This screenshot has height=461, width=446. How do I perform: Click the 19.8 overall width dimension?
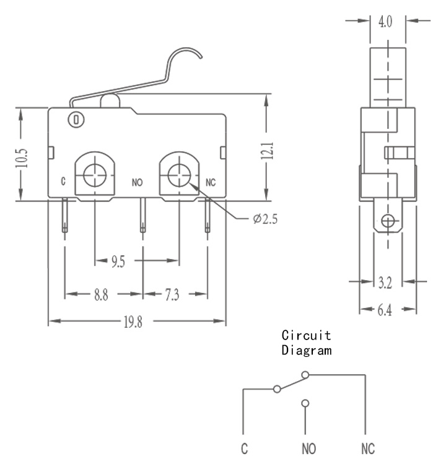133,322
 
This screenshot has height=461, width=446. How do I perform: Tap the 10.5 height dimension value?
22,158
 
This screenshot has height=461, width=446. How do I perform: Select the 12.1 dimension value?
267,151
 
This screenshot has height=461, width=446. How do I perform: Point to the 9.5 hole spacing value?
118,261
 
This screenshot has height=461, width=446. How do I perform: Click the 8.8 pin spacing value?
101,294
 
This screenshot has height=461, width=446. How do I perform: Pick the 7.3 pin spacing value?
172,294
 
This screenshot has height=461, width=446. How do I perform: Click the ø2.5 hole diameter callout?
265,219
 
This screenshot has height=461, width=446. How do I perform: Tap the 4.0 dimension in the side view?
385,22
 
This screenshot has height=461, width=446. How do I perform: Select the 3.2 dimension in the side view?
385,283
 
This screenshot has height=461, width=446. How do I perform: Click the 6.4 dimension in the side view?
385,310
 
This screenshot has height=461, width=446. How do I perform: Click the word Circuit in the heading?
306,335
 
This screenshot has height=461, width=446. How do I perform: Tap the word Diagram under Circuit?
307,351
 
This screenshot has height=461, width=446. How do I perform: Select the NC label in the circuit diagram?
368,449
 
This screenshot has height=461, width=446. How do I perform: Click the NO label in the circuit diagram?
308,449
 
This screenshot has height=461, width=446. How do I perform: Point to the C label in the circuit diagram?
244,449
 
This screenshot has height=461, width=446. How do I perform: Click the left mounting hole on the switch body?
95,175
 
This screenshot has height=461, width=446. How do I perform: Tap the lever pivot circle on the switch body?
76,120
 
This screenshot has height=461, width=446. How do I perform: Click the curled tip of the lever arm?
200,56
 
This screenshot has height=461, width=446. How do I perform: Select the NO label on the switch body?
138,183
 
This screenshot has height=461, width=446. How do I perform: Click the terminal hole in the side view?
388,221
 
